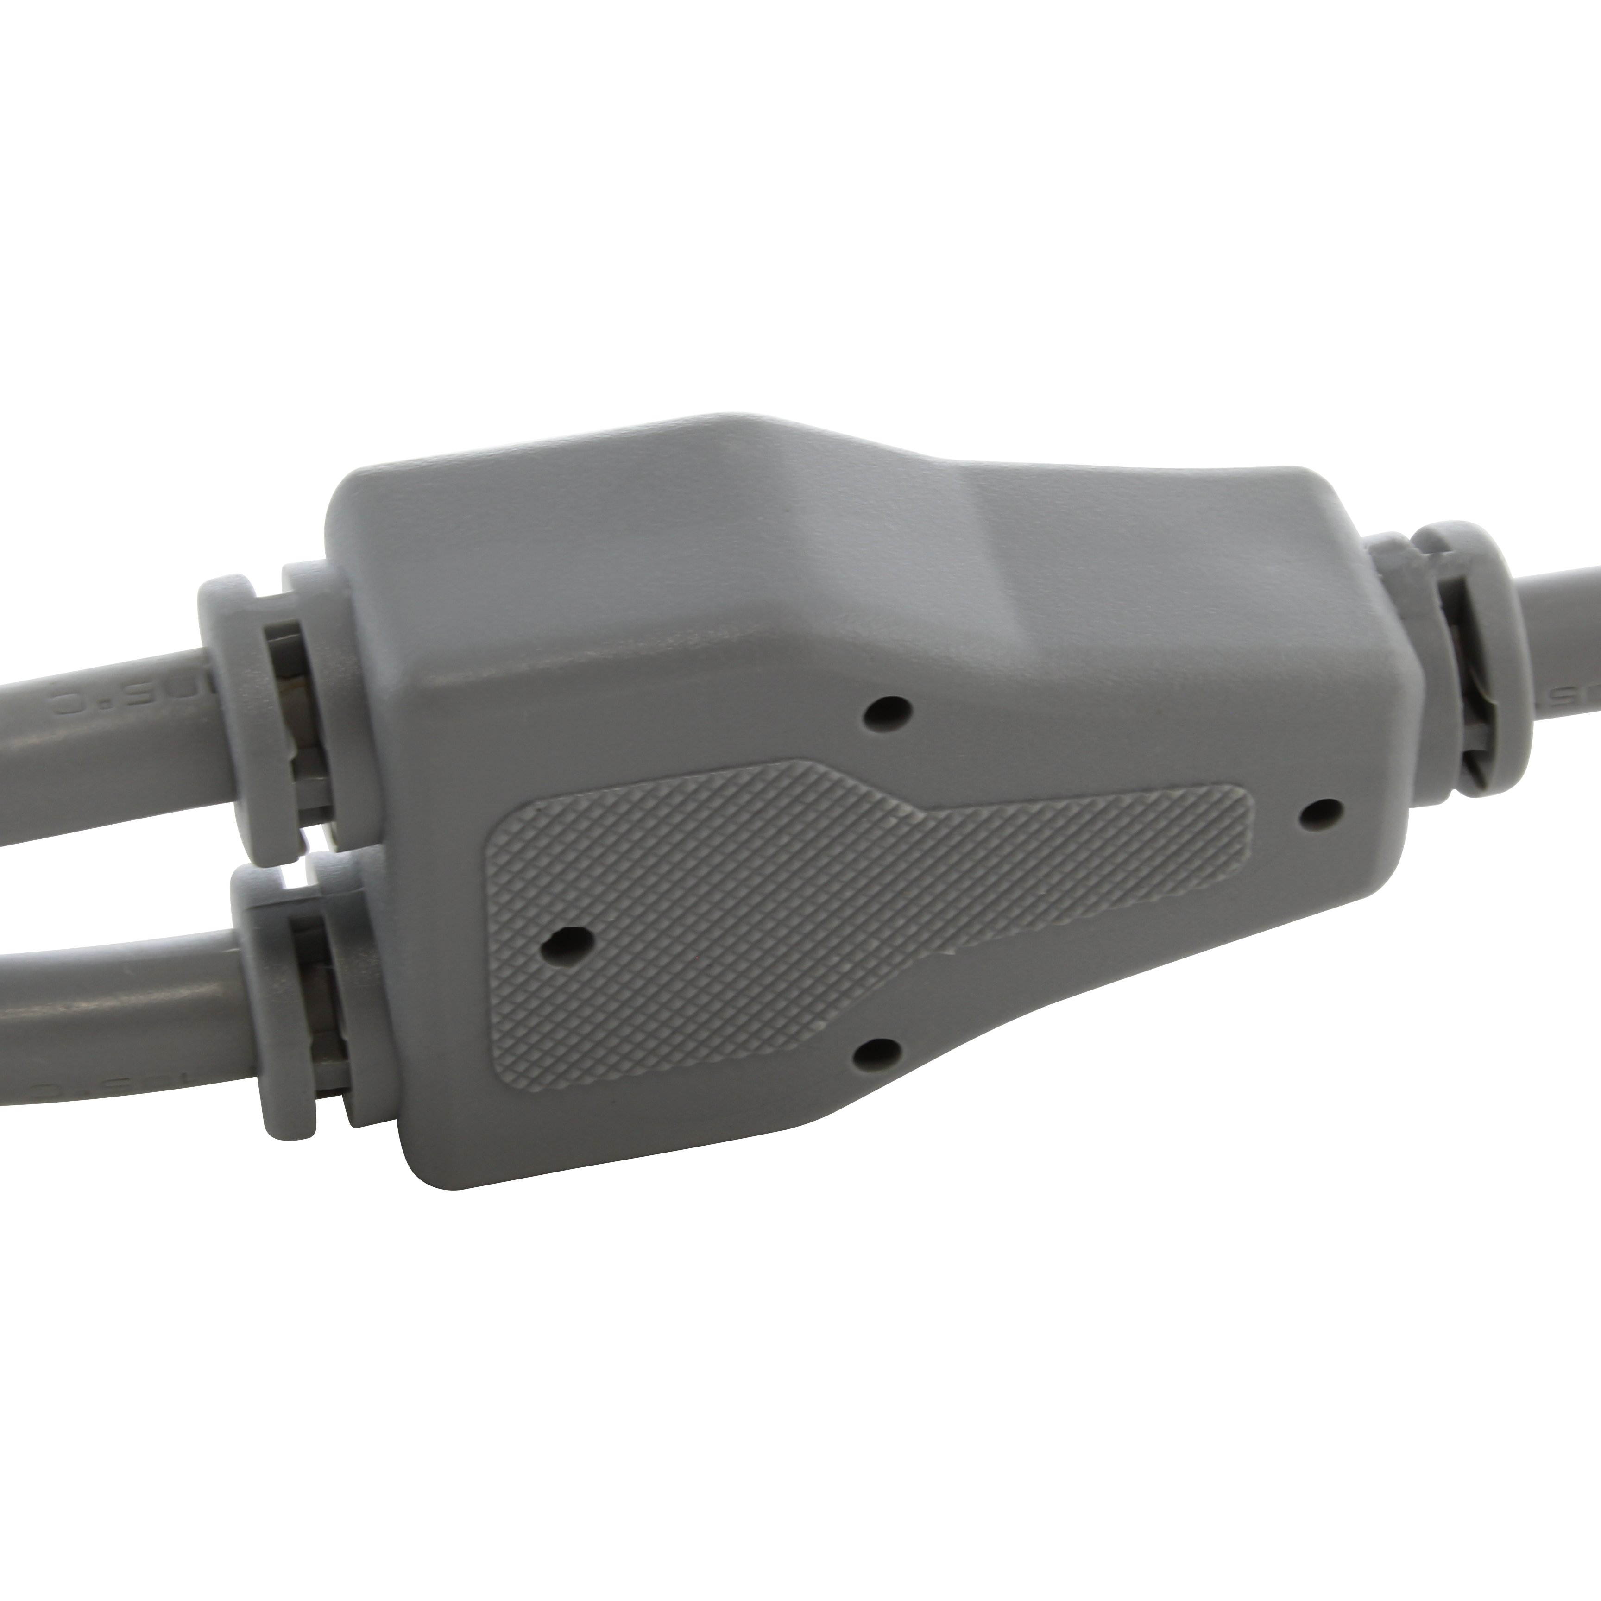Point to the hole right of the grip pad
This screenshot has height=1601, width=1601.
[x=1320, y=814]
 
